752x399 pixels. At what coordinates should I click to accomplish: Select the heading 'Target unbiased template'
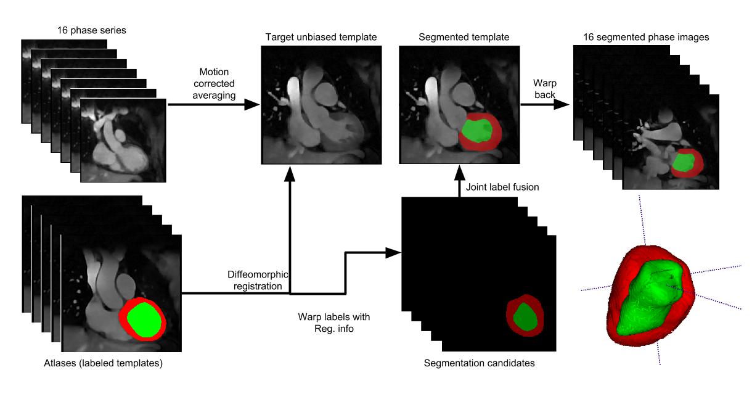[321, 38]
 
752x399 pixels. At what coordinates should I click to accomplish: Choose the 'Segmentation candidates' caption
[479, 363]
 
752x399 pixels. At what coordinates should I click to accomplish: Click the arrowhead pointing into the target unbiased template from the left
[251, 105]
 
